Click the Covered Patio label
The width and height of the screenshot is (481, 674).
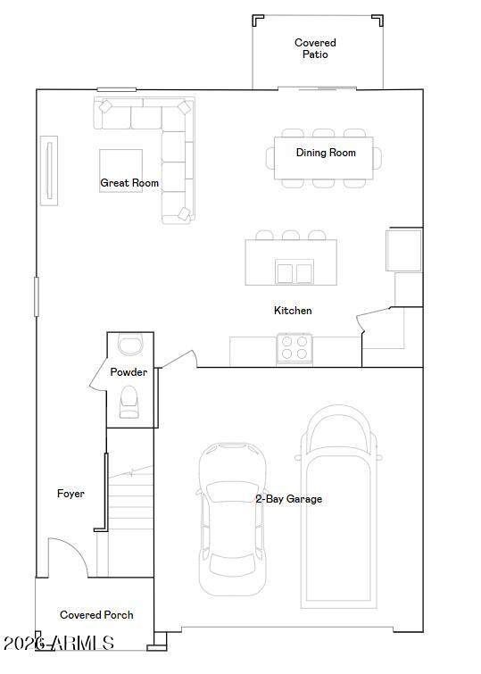click(315, 48)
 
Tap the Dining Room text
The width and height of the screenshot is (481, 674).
click(326, 153)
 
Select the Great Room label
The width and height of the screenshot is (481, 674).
click(129, 183)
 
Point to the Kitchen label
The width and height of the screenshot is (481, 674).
click(293, 311)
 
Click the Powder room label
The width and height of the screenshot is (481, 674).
click(129, 372)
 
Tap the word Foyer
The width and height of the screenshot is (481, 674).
click(70, 494)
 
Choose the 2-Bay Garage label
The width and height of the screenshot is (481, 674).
click(289, 499)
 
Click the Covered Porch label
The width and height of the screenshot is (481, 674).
click(96, 615)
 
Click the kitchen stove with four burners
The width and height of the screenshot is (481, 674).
click(294, 349)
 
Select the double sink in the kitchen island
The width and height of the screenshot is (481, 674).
click(294, 272)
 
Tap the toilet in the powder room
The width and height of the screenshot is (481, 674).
click(129, 402)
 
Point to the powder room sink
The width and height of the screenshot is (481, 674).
click(129, 345)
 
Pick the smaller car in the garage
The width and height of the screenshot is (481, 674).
click(232, 520)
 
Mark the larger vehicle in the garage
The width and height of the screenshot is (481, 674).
click(337, 507)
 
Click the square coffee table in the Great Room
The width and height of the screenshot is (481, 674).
click(120, 171)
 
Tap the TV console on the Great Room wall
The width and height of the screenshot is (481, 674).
click(49, 171)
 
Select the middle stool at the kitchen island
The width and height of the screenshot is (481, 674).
click(291, 235)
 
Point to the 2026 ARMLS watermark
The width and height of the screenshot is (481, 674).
click(59, 643)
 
